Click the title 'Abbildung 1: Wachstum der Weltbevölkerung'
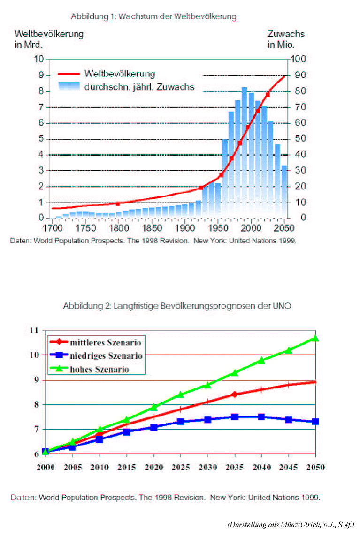point(153,16)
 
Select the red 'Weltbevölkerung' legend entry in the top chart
point(107,74)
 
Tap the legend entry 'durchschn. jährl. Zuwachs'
point(126,87)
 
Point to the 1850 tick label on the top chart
point(152,228)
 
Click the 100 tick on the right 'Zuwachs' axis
point(299,59)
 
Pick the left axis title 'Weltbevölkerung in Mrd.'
point(49,39)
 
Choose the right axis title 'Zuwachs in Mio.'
point(286,39)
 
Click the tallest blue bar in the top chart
point(245,152)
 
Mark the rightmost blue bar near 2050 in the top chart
point(284,191)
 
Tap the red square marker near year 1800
point(118,204)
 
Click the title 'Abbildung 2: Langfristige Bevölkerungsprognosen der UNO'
point(177,306)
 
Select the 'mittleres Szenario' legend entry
point(95,342)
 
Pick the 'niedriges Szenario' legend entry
point(96,355)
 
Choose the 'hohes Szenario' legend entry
point(89,369)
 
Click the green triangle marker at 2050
point(315,339)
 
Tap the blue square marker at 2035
point(234,417)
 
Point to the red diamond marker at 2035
point(234,394)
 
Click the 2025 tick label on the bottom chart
point(180,467)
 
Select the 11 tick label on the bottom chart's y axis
point(34,330)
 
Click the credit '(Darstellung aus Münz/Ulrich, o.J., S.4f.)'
point(291,524)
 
